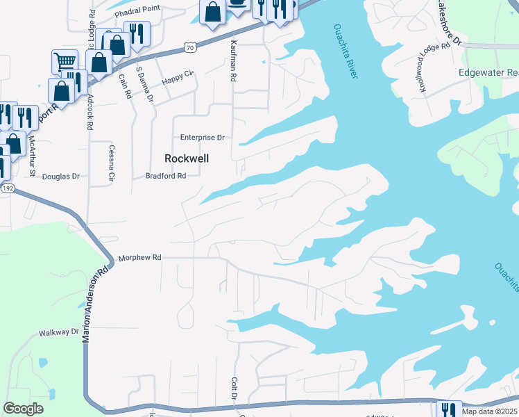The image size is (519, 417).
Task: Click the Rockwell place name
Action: tap(187, 158)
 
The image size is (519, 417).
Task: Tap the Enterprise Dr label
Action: tap(203, 138)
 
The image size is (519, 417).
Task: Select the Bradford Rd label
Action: tap(166, 176)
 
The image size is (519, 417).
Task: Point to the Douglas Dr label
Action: tap(61, 177)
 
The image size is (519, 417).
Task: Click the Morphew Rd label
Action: tap(140, 257)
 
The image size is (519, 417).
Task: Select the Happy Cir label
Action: tap(176, 81)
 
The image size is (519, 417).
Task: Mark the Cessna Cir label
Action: tap(110, 164)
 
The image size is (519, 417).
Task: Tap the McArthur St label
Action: tap(31, 156)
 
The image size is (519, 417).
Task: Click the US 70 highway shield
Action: tap(190, 47)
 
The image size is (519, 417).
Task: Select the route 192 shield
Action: tap(7, 188)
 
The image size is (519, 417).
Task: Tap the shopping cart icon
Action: tap(65, 60)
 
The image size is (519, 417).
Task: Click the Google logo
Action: tap(24, 409)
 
